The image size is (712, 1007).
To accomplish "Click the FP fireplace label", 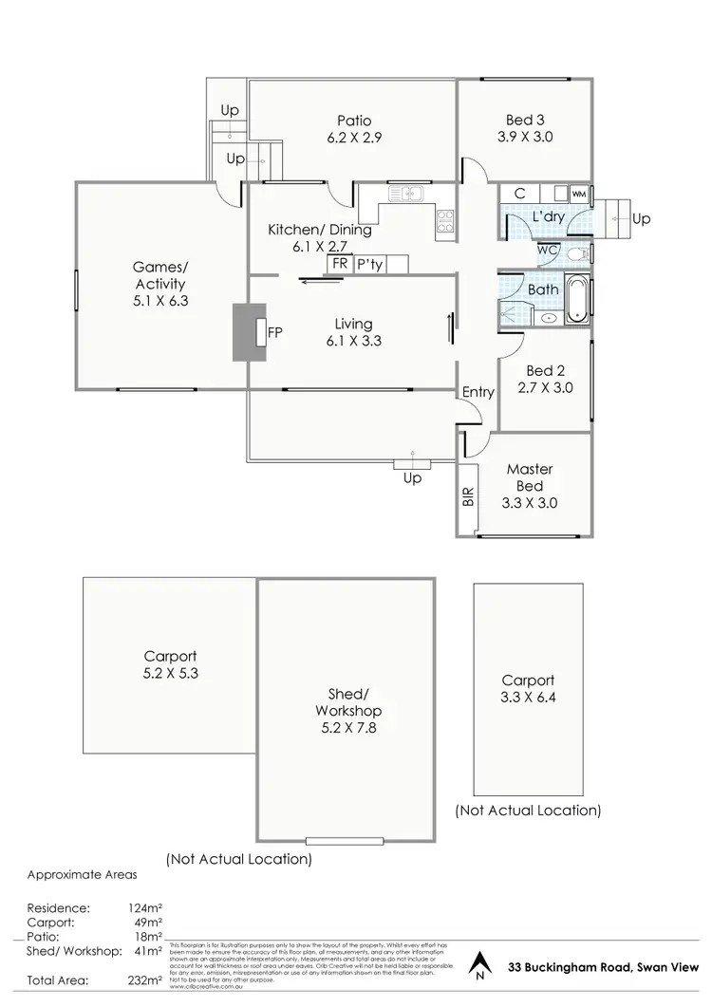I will [274, 332].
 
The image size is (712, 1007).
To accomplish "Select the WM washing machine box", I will [578, 194].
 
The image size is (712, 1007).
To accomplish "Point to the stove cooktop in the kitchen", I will [444, 220].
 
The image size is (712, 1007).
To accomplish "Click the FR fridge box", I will [339, 265].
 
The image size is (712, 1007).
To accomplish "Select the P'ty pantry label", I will [369, 265].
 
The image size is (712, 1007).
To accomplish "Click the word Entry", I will [478, 391].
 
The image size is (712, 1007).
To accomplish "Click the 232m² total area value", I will [145, 979].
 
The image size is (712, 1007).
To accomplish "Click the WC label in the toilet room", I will [548, 250].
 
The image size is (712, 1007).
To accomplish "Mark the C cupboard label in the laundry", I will [519, 194].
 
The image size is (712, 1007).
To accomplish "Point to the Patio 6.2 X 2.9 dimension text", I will [352, 137].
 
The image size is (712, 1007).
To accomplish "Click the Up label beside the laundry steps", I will [642, 219].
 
